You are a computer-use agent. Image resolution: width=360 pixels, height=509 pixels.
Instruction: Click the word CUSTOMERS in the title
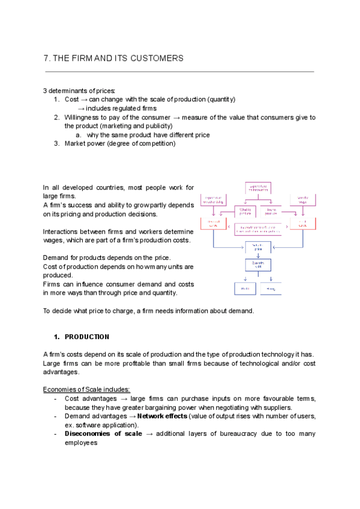[x=157, y=58]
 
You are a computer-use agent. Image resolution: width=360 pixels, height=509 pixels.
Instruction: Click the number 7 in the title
[x=46, y=58]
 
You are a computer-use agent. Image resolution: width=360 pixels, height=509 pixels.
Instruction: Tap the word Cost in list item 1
[x=71, y=99]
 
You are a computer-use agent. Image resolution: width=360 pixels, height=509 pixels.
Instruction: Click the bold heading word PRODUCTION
[x=87, y=337]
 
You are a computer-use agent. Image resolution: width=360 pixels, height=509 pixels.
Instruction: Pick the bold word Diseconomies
[x=88, y=433]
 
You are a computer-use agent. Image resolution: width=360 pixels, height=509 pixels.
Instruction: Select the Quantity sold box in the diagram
[x=259, y=265]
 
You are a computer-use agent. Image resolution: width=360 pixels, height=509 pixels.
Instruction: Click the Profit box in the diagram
[x=245, y=288]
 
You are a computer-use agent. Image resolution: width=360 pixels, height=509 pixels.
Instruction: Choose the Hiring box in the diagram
[x=271, y=288]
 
